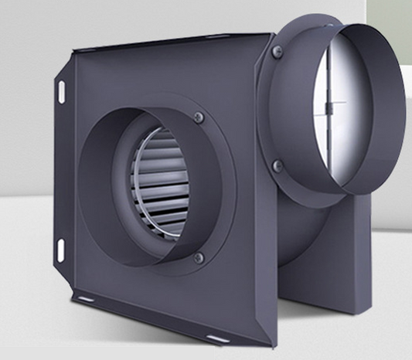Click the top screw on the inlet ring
[x=199, y=117]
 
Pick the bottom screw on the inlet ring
[x=199, y=257]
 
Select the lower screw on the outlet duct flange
[x=278, y=165]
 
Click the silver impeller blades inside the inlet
[x=158, y=185]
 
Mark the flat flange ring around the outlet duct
[x=267, y=108]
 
